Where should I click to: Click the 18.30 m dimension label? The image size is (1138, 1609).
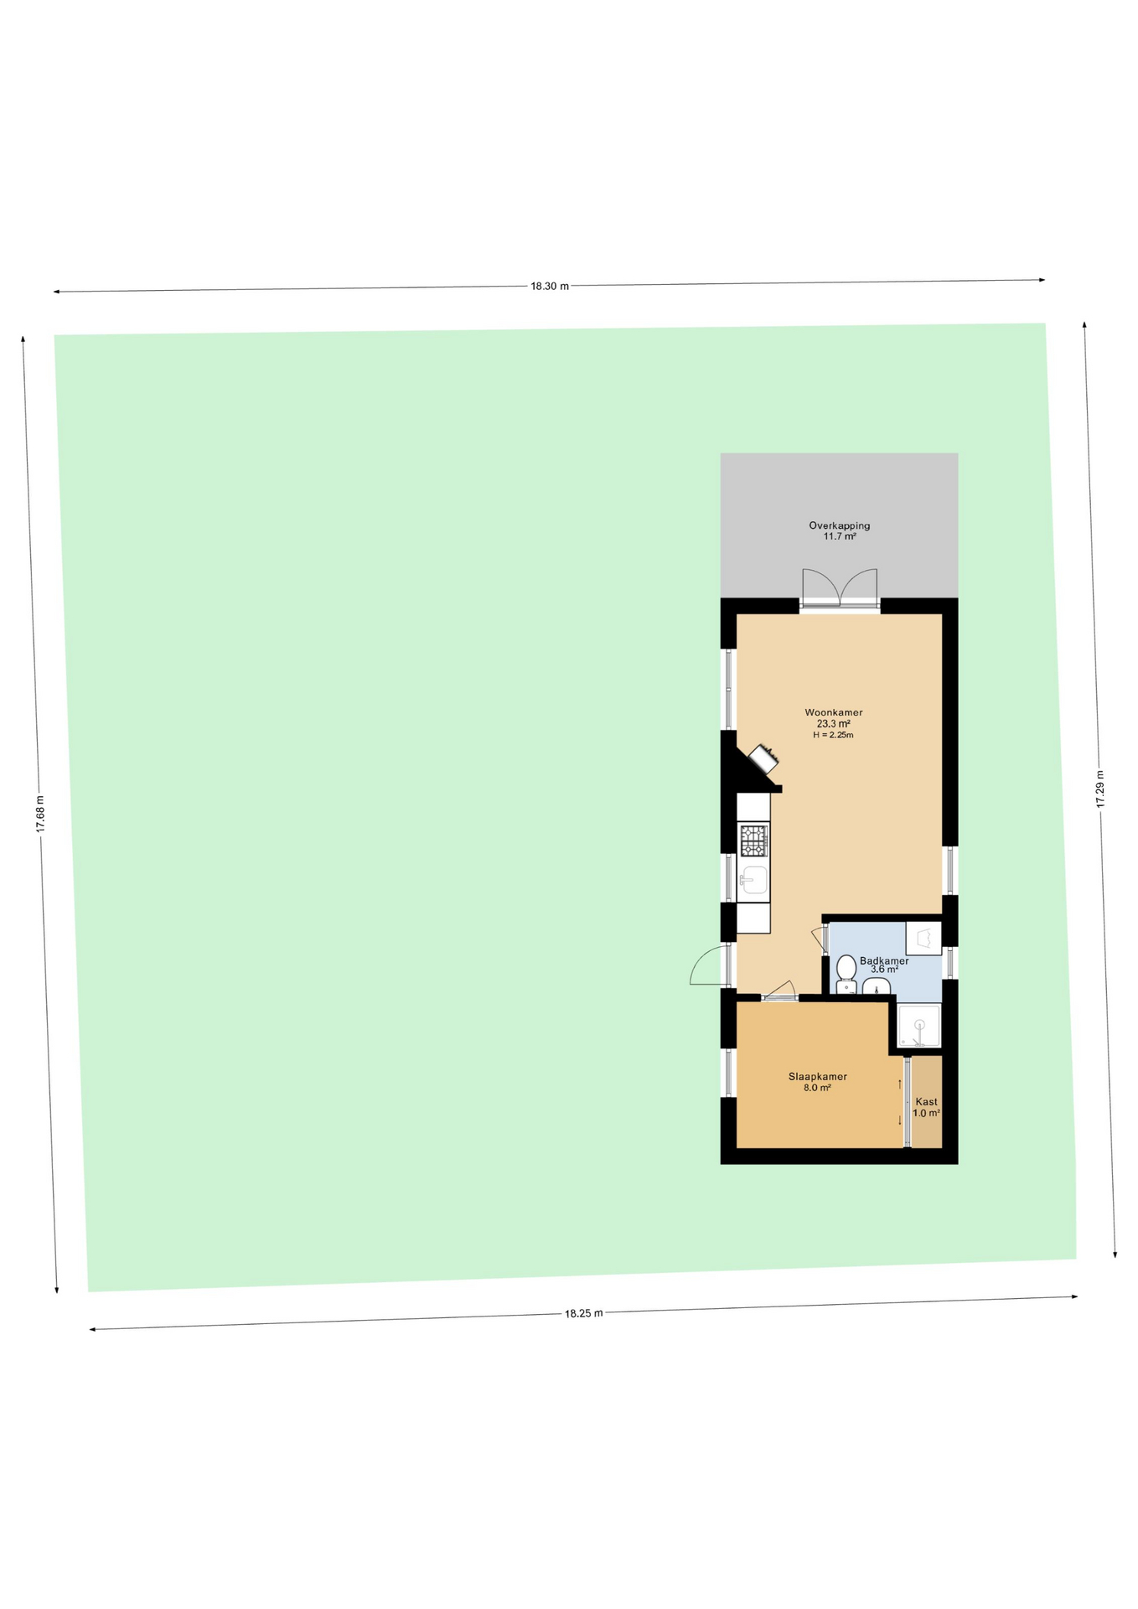pos(550,286)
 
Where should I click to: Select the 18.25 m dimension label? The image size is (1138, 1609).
pos(583,1313)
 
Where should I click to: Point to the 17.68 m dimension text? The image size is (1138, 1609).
pos(39,814)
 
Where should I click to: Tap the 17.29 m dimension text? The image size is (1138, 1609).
pos(1099,789)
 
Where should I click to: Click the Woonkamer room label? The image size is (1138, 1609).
pos(834,712)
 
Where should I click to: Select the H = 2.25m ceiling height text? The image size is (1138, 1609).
pos(833,735)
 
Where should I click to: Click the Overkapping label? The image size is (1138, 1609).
pos(839,525)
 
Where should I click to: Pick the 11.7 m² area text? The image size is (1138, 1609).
pos(839,536)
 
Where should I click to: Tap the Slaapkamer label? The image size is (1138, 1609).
pos(817,1077)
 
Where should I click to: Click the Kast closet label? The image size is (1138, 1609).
pos(926,1102)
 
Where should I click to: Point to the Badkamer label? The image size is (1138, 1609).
pos(884,961)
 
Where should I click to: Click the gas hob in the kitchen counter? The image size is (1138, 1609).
pos(753,839)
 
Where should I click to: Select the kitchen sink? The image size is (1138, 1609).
pos(753,880)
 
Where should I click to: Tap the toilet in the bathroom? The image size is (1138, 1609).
pos(846,974)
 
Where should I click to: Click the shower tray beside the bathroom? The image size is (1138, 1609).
pos(919,1025)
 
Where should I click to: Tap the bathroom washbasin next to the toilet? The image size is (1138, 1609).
pos(876,987)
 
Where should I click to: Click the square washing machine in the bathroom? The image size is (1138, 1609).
pos(923,938)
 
